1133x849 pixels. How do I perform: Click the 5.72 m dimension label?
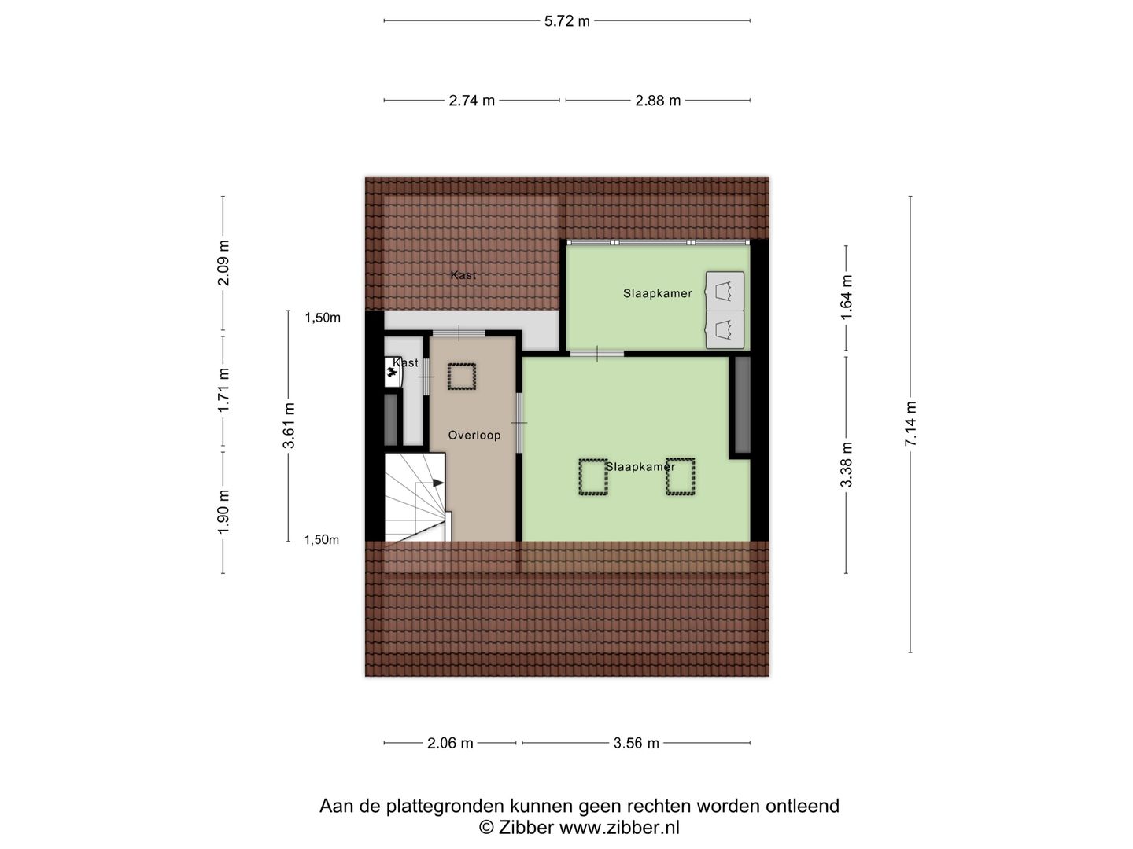click(x=566, y=21)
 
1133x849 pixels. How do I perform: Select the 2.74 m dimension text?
click(x=471, y=101)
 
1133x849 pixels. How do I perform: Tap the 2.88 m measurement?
click(x=658, y=101)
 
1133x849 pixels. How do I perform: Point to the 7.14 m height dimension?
click(x=911, y=424)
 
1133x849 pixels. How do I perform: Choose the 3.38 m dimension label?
click(x=847, y=465)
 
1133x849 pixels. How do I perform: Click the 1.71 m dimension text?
click(x=223, y=391)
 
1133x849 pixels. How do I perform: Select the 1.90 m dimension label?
click(x=223, y=512)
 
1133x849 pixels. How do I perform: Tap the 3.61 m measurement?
click(x=289, y=425)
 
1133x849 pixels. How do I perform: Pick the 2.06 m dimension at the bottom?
click(x=450, y=743)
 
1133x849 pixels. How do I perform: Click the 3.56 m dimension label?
click(x=636, y=743)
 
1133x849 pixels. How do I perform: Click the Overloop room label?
click(x=474, y=436)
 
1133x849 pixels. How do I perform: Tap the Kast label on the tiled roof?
click(x=463, y=275)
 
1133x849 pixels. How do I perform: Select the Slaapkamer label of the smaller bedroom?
click(x=657, y=293)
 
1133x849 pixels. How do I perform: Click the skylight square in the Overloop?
click(x=462, y=376)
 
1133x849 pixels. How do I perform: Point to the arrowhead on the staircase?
click(x=438, y=482)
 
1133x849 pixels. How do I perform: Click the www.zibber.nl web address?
click(x=619, y=827)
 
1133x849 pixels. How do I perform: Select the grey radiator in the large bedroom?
click(x=742, y=406)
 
